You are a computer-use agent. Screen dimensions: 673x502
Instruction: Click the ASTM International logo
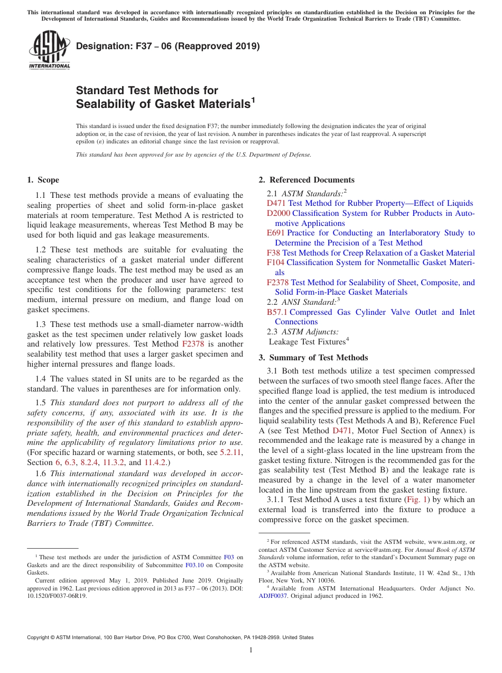tap(49, 50)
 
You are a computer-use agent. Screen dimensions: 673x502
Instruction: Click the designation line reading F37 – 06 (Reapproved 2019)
tap(168, 46)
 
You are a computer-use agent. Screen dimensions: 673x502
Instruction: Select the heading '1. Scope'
tap(43, 180)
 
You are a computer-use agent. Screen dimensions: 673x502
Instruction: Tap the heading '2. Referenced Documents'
tap(306, 180)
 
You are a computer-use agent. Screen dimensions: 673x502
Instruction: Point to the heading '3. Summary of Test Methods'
tap(313, 358)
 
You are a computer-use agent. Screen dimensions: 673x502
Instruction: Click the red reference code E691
tap(276, 233)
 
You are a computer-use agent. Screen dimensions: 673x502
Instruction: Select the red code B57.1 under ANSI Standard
tap(277, 312)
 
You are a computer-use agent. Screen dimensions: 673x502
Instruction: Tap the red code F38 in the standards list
tap(273, 253)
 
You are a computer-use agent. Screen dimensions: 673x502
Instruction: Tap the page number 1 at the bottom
tap(251, 650)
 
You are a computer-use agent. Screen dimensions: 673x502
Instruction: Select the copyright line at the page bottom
tap(170, 638)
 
